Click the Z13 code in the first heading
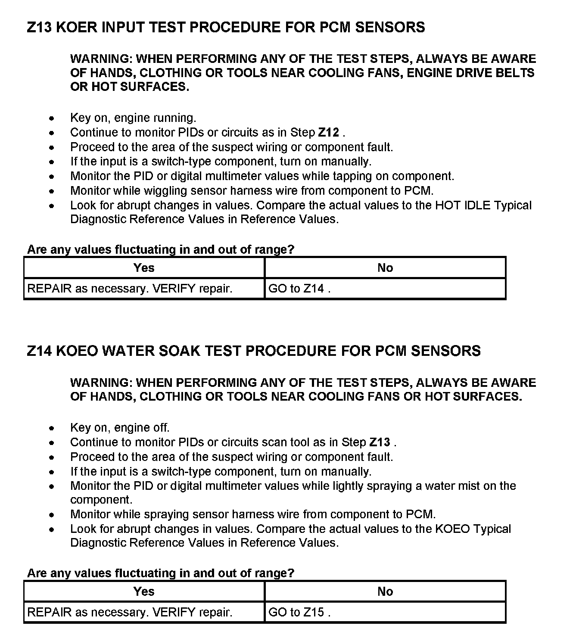click(x=39, y=28)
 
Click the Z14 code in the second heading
click(x=39, y=351)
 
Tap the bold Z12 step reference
click(x=328, y=132)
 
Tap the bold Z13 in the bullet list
click(x=380, y=442)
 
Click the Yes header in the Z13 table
click(x=144, y=268)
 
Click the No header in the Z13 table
click(x=385, y=268)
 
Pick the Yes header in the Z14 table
click(x=144, y=591)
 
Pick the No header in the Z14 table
click(x=385, y=591)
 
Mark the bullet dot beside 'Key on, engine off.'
click(x=52, y=428)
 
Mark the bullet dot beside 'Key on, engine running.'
click(x=52, y=118)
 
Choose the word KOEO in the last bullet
click(x=452, y=529)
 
